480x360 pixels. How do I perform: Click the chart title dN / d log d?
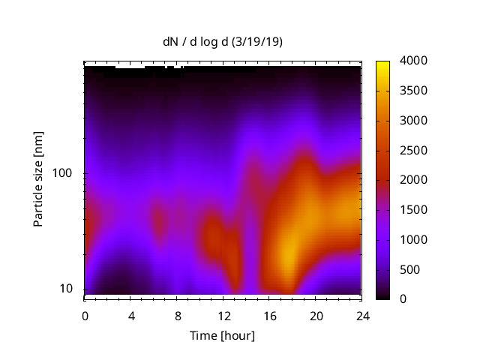click(223, 42)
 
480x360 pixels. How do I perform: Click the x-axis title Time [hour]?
click(223, 335)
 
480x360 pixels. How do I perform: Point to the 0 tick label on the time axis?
click(85, 316)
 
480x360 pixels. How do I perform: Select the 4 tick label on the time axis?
click(131, 316)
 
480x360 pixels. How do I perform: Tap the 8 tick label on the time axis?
click(178, 316)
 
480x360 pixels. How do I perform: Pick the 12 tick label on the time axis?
click(223, 316)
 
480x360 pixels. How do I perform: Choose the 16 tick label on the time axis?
click(270, 316)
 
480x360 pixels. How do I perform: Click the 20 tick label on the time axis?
click(316, 316)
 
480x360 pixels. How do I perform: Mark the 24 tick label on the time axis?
click(362, 316)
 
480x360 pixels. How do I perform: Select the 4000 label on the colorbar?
click(414, 61)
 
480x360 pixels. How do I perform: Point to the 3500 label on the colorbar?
click(414, 91)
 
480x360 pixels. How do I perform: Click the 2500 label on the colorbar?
click(414, 150)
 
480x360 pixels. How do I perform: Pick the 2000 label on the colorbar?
click(414, 180)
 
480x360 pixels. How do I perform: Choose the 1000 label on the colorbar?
click(414, 239)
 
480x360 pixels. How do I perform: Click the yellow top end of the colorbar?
click(382, 63)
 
